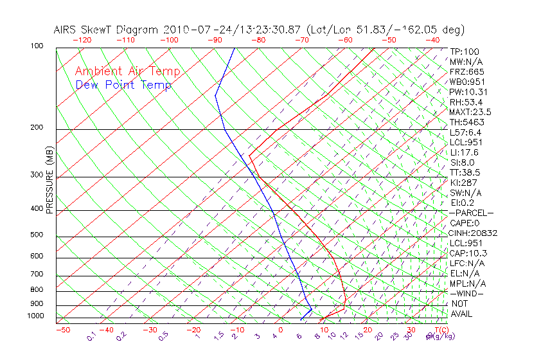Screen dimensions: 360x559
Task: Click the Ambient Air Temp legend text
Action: [128, 71]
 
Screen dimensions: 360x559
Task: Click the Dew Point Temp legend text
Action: [123, 85]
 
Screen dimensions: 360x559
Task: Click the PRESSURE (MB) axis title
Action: [49, 181]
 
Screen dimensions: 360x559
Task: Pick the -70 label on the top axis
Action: [301, 40]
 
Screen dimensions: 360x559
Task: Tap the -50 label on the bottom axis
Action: [62, 330]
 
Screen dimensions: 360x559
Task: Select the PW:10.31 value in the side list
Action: [468, 92]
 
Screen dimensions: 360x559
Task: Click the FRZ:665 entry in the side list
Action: [467, 72]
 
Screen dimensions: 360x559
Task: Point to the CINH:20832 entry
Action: [474, 233]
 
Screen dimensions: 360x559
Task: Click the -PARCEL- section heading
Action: [471, 213]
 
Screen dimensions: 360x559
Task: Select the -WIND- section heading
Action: [467, 293]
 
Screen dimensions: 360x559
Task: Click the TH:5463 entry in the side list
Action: [467, 122]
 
